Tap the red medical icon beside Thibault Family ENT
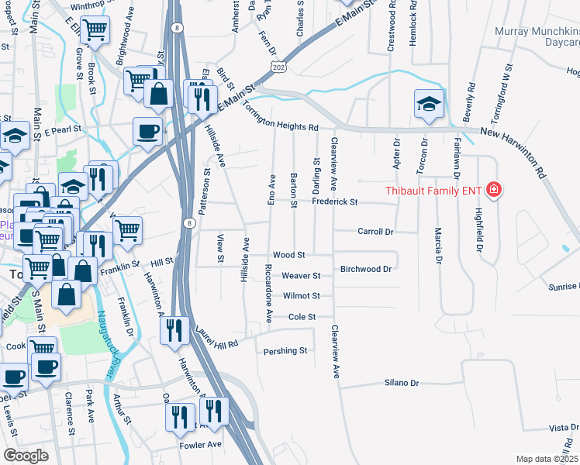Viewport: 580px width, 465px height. [x=493, y=189]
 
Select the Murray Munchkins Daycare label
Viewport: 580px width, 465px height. [x=537, y=38]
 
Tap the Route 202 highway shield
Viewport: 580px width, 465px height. [x=278, y=69]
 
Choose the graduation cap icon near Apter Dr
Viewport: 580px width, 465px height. [x=429, y=104]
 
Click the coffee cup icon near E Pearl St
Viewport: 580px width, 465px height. [x=147, y=130]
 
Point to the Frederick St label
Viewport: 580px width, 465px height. [x=334, y=201]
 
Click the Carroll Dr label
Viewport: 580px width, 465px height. [x=376, y=232]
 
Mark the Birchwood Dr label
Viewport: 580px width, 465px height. [x=364, y=270]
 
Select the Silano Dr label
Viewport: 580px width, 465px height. [x=401, y=383]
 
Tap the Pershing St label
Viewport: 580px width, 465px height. [x=285, y=351]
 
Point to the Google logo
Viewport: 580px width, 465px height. [x=26, y=456]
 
